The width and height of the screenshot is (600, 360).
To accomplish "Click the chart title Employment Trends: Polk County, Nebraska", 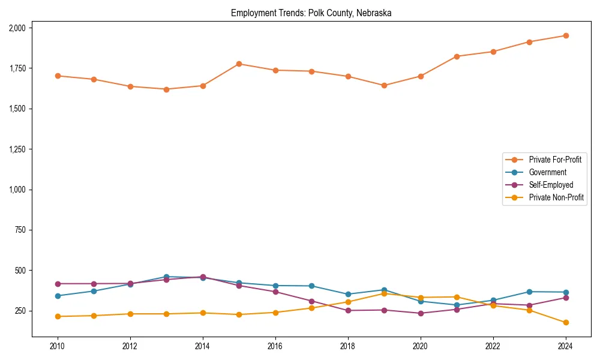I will click(311, 13).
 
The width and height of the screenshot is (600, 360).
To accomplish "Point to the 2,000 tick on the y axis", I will click(17, 28).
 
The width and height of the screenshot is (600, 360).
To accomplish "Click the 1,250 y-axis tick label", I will click(17, 149).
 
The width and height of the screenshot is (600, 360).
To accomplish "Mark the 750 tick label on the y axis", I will click(20, 230).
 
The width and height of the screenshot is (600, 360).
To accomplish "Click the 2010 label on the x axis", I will click(58, 346).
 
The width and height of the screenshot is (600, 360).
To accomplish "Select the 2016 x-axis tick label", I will click(275, 346).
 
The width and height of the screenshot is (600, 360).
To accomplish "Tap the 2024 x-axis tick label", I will click(565, 346).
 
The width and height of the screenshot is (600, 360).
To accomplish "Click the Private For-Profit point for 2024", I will click(565, 35).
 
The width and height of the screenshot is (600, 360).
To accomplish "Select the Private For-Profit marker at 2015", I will click(239, 64).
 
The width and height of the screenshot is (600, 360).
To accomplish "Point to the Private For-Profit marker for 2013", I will click(166, 89).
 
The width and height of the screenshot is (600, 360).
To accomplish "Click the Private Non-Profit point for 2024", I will click(565, 323).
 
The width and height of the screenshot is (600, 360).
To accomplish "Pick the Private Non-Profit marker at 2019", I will click(384, 293).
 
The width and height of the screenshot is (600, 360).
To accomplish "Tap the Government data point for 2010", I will click(58, 296).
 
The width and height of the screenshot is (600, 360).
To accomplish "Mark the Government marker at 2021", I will click(457, 305).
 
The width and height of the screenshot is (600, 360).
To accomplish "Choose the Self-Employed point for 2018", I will click(348, 310).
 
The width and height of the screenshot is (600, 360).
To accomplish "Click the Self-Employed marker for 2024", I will click(565, 298).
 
